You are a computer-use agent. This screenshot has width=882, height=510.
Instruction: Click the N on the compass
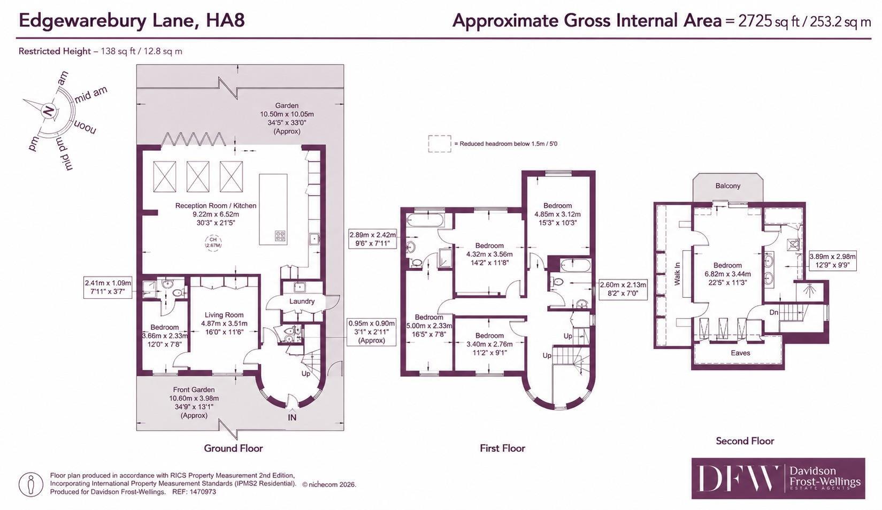(49, 111)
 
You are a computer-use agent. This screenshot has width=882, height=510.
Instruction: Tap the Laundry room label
(302, 302)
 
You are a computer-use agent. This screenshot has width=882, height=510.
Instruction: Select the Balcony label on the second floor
(727, 186)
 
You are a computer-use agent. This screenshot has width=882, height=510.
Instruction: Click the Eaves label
(740, 353)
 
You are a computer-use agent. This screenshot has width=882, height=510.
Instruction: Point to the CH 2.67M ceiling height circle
(213, 242)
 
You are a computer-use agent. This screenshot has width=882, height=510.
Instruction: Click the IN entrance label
(292, 418)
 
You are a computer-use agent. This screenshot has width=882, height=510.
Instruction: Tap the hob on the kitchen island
(280, 236)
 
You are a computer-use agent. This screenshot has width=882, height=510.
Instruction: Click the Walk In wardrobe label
(677, 274)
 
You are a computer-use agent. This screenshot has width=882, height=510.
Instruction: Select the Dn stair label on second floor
(774, 312)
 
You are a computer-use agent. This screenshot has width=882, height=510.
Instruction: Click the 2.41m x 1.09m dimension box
(108, 287)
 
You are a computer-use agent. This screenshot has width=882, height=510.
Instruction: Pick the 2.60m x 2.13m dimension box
(623, 289)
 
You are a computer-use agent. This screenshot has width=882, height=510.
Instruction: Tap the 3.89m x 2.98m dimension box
(832, 261)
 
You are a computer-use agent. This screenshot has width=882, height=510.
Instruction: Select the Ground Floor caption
(233, 448)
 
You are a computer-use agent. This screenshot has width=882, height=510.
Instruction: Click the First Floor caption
(502, 448)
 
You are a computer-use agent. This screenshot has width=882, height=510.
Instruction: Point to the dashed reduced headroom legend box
(440, 144)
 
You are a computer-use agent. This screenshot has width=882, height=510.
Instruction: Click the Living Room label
(224, 315)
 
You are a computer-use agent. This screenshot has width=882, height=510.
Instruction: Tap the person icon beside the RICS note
(30, 484)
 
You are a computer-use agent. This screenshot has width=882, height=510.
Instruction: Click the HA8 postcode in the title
(225, 20)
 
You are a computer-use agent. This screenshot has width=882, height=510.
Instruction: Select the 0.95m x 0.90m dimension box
(371, 332)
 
